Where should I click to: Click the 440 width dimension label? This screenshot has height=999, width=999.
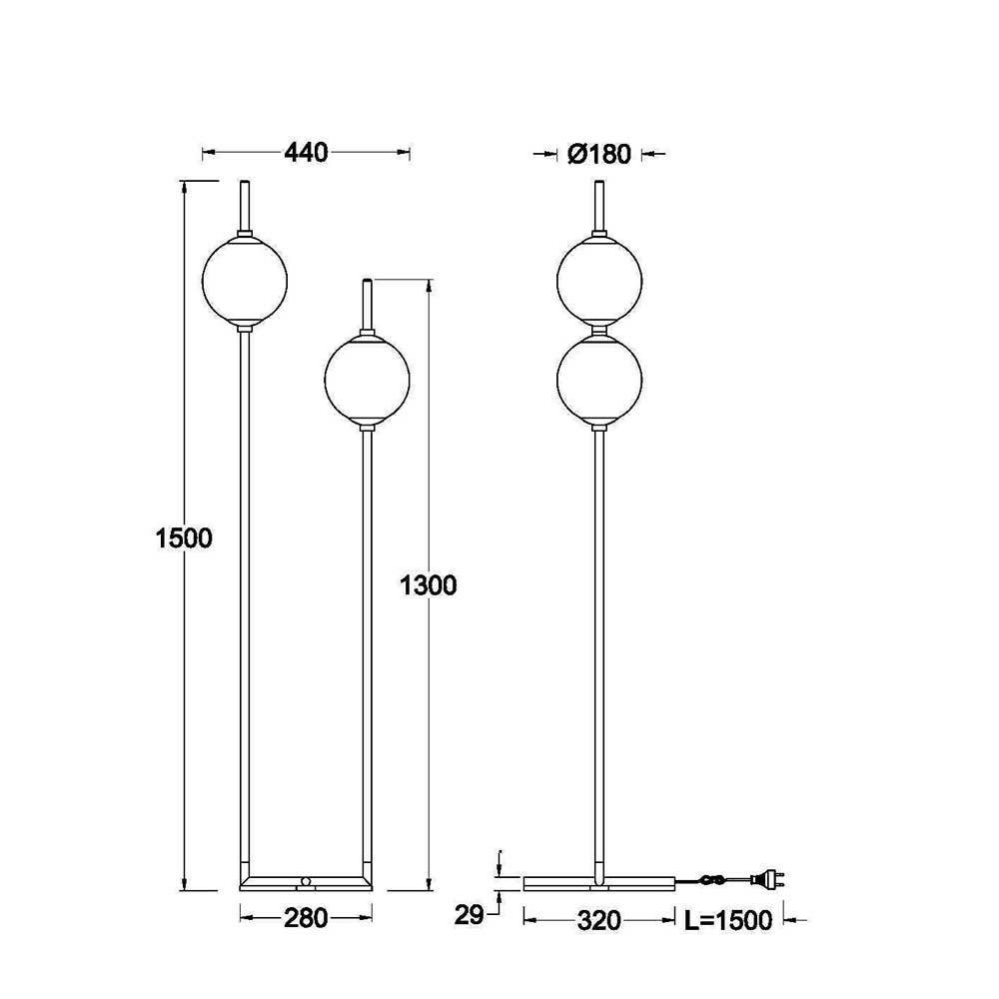(x=306, y=152)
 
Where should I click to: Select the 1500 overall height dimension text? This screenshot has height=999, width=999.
(x=184, y=538)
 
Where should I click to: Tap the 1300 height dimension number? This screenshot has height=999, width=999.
(x=429, y=584)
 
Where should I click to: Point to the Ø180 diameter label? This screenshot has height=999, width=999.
(x=598, y=154)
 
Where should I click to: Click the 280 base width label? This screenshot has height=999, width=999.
(x=306, y=918)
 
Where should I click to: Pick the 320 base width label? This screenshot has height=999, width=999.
(x=598, y=920)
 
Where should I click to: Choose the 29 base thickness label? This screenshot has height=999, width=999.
(x=469, y=915)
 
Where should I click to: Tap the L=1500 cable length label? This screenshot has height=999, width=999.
(x=727, y=920)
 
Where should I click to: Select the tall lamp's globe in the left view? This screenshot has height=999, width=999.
(x=245, y=280)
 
